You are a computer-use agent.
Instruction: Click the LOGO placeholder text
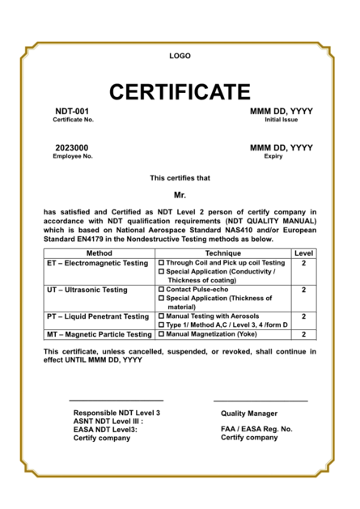[180, 56]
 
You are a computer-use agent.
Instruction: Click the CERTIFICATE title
[180, 91]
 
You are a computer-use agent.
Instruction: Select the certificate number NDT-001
[72, 111]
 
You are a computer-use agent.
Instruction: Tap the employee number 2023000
[72, 147]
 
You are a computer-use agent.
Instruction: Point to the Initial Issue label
[281, 120]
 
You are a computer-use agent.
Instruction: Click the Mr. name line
[180, 195]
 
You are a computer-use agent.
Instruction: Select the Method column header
[98, 253]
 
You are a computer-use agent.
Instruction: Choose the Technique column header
[222, 253]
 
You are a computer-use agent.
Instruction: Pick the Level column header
[303, 253]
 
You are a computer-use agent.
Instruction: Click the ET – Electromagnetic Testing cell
[98, 263]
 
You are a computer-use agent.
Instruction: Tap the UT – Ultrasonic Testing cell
[87, 290]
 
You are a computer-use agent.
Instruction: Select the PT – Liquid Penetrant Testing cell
[98, 316]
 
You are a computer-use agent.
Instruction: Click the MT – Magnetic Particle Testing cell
[99, 334]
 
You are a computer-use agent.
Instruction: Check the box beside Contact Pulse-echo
[161, 290]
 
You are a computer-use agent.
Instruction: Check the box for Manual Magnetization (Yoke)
[161, 334]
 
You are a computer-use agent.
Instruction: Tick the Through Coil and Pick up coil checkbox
[161, 263]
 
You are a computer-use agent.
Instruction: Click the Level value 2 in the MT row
[303, 334]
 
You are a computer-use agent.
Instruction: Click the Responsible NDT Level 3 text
[116, 413]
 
